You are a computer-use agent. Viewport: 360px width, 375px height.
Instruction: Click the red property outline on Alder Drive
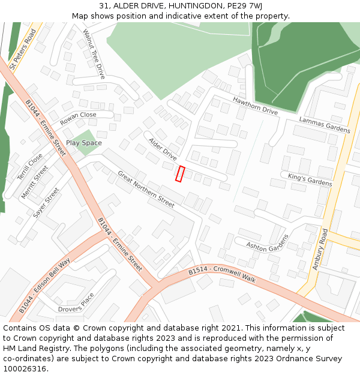pyautogui.click(x=179, y=173)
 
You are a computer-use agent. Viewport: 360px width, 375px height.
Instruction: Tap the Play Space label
pyautogui.click(x=83, y=143)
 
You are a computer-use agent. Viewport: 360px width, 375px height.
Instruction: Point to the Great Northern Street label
pyautogui.click(x=146, y=189)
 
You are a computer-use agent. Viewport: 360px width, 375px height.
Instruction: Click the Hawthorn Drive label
pyautogui.click(x=255, y=106)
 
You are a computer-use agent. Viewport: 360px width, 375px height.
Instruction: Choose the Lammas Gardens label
pyautogui.click(x=325, y=125)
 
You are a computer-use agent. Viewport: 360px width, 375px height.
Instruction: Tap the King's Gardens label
pyautogui.click(x=310, y=179)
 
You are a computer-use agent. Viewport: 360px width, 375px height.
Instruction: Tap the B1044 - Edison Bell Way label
pyautogui.click(x=44, y=286)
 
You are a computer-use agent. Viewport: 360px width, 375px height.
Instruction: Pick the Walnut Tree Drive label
pyautogui.click(x=94, y=54)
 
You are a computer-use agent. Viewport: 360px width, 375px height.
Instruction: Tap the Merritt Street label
pyautogui.click(x=35, y=182)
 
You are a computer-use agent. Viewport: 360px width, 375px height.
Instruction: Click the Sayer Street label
pyautogui.click(x=46, y=203)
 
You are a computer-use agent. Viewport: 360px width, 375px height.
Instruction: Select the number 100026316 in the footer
pyautogui.click(x=24, y=368)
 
